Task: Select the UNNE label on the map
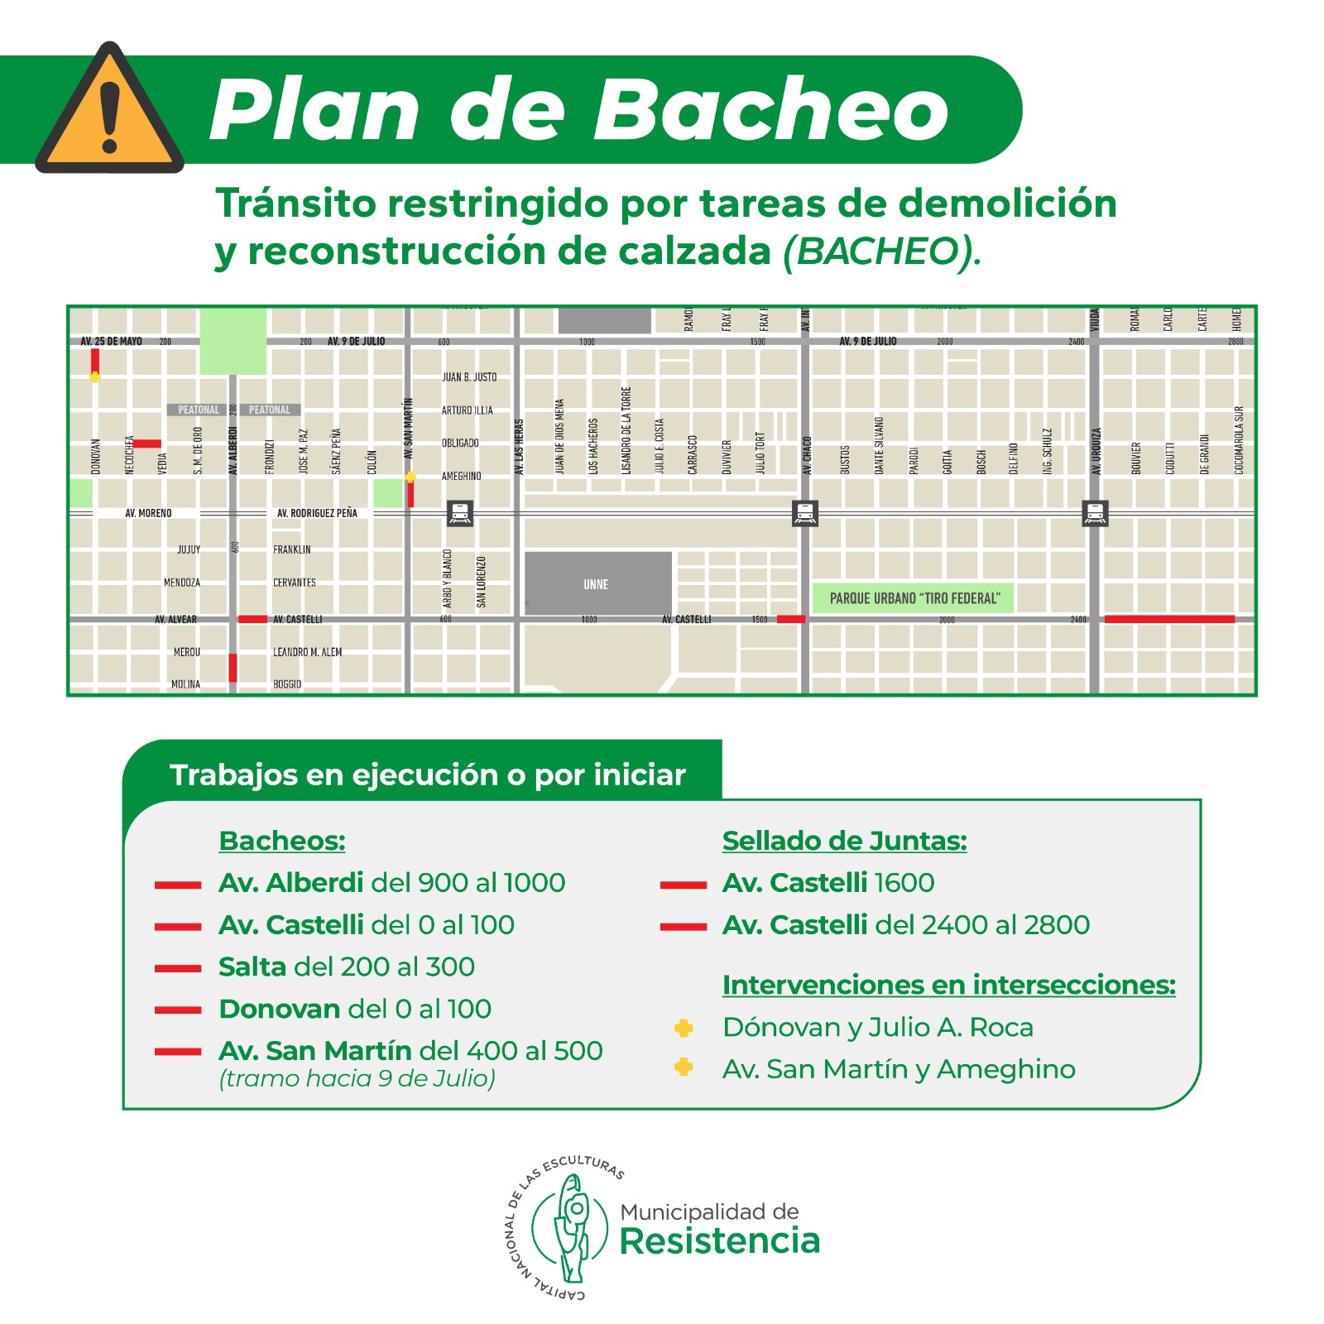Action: (596, 584)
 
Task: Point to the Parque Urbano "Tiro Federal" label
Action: (914, 598)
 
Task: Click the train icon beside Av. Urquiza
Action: (1095, 513)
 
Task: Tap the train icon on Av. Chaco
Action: (805, 513)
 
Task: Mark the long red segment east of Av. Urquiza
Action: (1169, 619)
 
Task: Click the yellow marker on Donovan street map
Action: (95, 377)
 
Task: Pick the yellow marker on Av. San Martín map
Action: (410, 477)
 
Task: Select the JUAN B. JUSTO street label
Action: (469, 377)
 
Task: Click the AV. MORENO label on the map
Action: (148, 513)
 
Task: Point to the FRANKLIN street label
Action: (292, 549)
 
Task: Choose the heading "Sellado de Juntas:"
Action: (844, 841)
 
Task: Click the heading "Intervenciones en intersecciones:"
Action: (948, 985)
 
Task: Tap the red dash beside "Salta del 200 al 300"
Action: (178, 967)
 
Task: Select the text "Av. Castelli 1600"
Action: (827, 883)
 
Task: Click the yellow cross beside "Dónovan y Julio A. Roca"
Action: (684, 1028)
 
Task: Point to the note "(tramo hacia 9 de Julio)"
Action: (357, 1078)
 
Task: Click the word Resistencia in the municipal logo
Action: (720, 1241)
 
